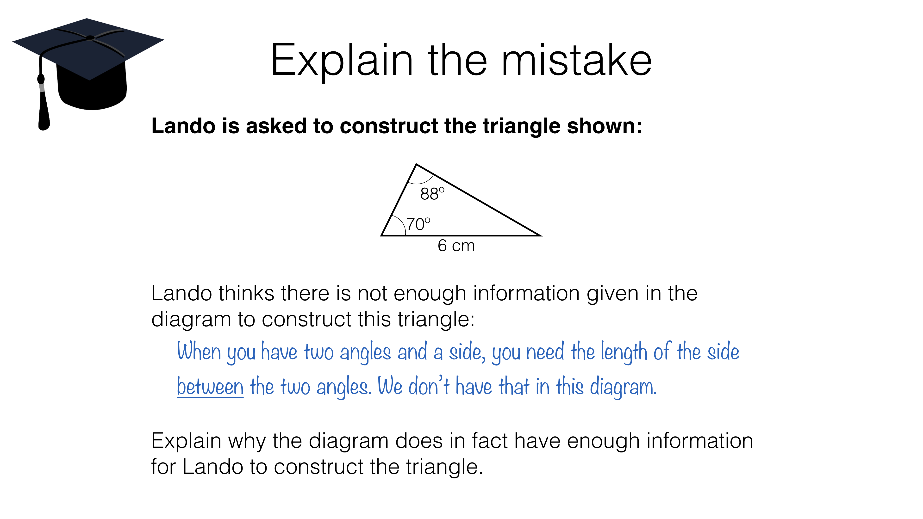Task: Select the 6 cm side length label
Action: pyautogui.click(x=456, y=246)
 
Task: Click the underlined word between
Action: pyautogui.click(x=210, y=387)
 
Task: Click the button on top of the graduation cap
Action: pyautogui.click(x=90, y=38)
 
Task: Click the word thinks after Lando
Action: pyautogui.click(x=247, y=293)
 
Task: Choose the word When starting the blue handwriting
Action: pyautogui.click(x=199, y=352)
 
